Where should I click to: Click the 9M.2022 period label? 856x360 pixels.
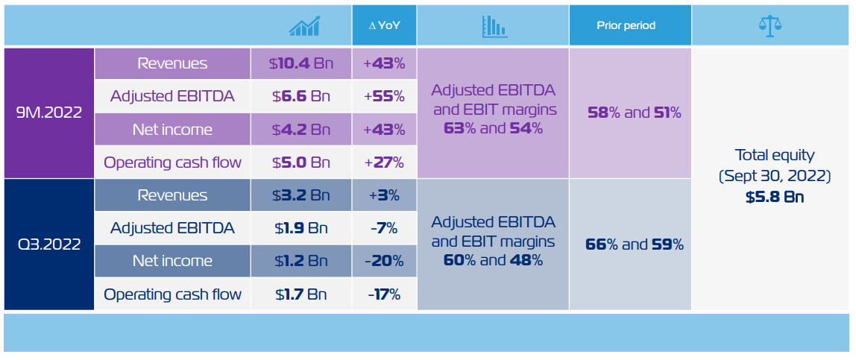[49, 113]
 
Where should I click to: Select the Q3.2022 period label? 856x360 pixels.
[49, 244]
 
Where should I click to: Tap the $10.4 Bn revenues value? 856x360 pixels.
[300, 64]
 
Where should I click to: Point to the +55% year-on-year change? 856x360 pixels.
[384, 96]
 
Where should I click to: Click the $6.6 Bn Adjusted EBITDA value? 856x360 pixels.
[300, 96]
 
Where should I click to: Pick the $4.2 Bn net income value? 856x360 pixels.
[300, 130]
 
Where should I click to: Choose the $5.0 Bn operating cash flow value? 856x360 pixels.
[300, 162]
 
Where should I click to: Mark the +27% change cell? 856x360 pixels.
[384, 162]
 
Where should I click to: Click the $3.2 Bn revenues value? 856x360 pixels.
[300, 195]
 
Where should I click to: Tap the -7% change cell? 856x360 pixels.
[384, 228]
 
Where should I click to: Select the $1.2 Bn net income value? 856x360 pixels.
[300, 261]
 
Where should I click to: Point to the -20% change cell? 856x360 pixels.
[384, 261]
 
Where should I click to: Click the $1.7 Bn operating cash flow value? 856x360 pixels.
[300, 294]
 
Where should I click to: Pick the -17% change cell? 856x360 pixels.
[384, 294]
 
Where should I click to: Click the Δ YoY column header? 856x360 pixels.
[384, 25]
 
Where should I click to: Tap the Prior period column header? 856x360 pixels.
[626, 25]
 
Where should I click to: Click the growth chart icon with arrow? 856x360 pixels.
[305, 26]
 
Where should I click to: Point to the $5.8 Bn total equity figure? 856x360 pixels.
[775, 198]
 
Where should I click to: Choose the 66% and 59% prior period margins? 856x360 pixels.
[635, 244]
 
